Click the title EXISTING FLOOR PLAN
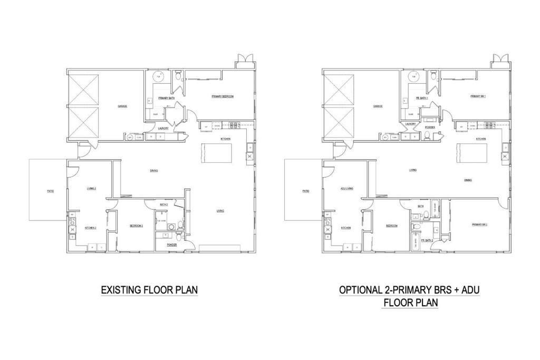tap(149, 290)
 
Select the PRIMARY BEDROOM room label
tap(222, 96)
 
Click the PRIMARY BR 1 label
tap(478, 96)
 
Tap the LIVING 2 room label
tap(91, 188)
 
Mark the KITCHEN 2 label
tap(90, 228)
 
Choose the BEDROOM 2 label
tap(136, 226)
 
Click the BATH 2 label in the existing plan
tap(163, 205)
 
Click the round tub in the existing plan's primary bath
tap(157, 77)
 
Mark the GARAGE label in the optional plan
tap(378, 106)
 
